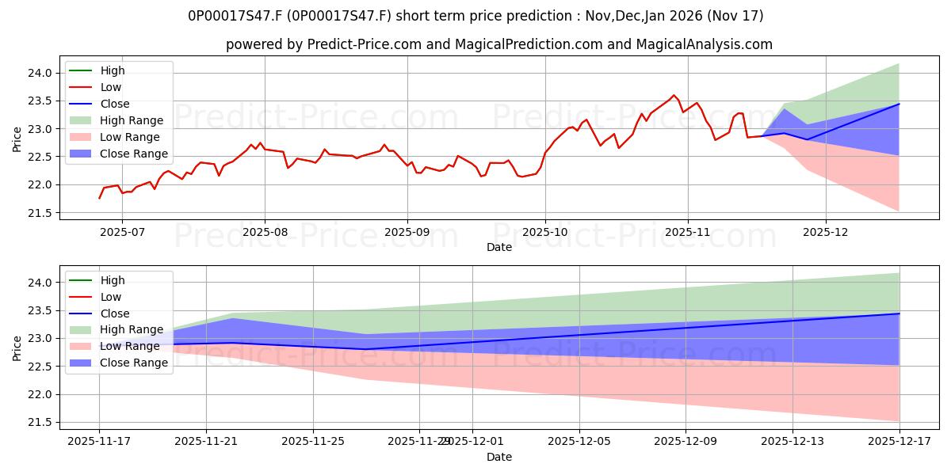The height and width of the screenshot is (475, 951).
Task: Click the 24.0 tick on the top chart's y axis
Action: pos(42,73)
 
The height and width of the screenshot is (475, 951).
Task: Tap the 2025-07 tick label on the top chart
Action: pos(121,231)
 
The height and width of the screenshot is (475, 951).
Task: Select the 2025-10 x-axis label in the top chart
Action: pos(544,231)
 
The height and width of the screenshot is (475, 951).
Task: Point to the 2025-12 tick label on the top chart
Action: pos(826,231)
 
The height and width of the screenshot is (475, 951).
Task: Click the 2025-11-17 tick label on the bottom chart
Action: pos(99,441)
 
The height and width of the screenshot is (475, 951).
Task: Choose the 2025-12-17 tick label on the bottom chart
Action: pos(899,441)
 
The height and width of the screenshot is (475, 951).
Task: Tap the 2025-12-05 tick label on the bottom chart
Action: pos(579,441)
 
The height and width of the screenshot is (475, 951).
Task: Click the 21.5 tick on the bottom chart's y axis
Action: pos(42,423)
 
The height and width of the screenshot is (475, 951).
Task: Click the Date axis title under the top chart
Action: pos(499,247)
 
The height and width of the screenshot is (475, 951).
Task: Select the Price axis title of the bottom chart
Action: pos(17,348)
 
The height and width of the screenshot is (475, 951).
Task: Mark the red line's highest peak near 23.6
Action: pos(674,95)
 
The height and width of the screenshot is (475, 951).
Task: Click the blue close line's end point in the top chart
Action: pos(899,104)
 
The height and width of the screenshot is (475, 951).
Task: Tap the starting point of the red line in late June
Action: pos(99,198)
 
